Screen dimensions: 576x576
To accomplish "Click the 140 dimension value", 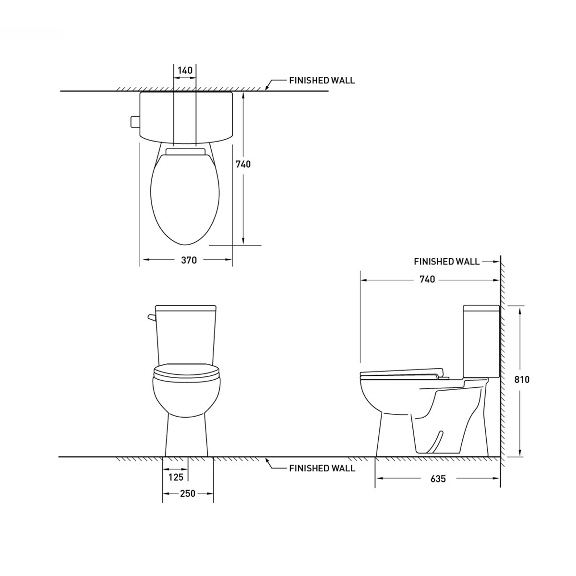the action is click(185, 71).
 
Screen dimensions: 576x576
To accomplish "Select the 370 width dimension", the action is click(189, 260).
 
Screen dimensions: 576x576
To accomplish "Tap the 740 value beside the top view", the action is click(243, 164).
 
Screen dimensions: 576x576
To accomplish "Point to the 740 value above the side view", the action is click(427, 279).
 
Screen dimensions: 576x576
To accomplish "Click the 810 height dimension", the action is click(522, 379).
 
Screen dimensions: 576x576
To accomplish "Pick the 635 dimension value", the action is click(438, 479).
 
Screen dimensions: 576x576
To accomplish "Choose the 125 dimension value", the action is click(176, 477).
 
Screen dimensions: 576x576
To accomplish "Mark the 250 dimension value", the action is click(188, 493).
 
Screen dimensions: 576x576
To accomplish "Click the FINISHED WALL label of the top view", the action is click(322, 81).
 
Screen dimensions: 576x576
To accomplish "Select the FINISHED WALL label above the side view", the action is click(446, 262).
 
